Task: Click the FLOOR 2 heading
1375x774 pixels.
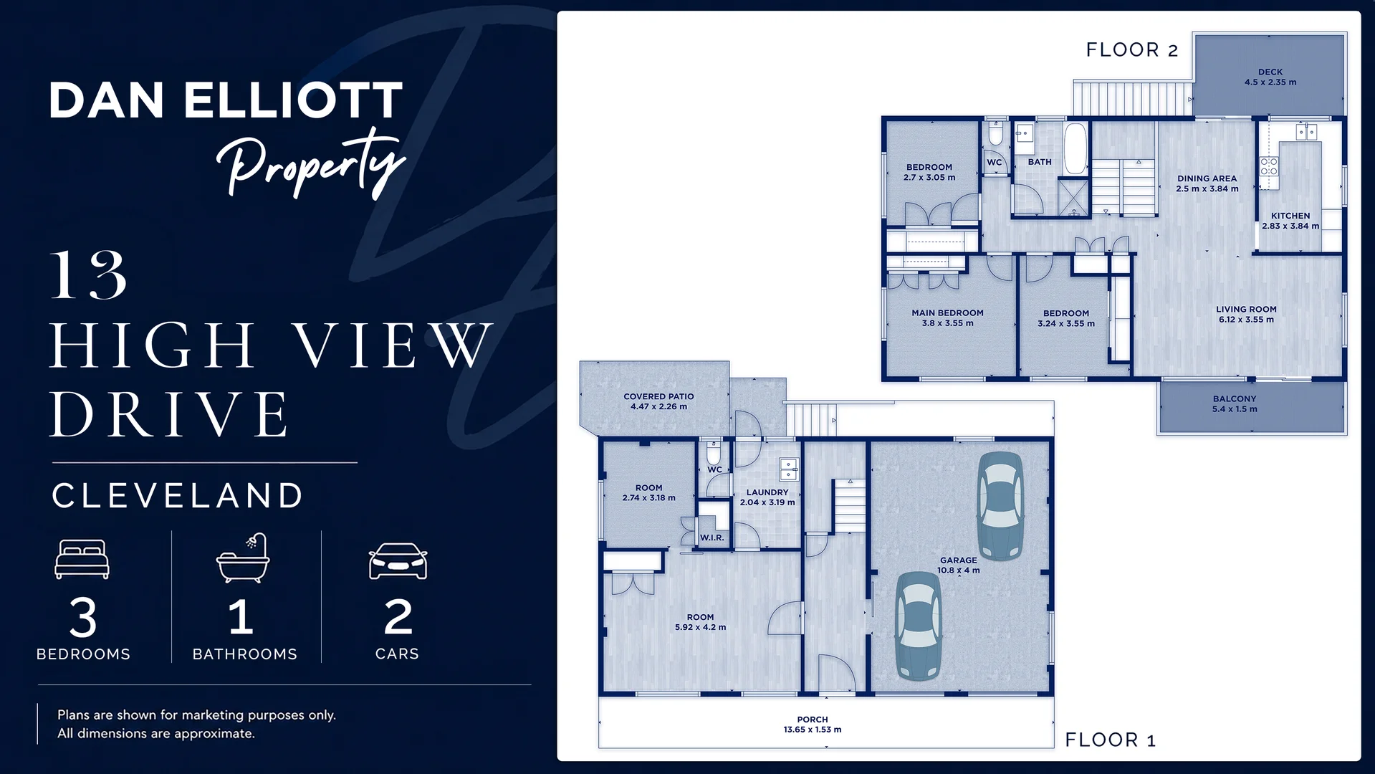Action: pos(1131,50)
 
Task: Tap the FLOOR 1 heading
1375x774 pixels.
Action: pos(1110,740)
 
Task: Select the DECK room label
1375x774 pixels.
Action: pos(1270,72)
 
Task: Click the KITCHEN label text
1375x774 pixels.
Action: pos(1290,216)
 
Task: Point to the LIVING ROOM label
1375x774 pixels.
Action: pos(1246,310)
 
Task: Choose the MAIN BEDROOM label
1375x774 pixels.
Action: pos(947,313)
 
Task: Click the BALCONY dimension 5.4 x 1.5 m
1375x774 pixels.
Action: pos(1235,409)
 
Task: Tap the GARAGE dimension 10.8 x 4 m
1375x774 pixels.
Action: pos(958,570)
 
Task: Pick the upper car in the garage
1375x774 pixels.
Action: pos(1001,505)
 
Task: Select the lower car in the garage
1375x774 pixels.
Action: pos(919,626)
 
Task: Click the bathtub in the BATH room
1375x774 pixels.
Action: pos(1075,149)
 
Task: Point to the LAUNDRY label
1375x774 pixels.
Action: pos(767,492)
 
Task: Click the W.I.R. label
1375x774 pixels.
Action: pos(712,537)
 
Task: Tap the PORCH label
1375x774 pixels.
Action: pos(813,720)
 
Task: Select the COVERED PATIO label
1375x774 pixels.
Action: pos(658,396)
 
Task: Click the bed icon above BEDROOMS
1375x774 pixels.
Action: pos(82,559)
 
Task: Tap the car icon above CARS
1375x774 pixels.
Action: pos(398,561)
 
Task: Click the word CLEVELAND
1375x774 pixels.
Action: pos(178,496)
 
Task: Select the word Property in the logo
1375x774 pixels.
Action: pos(311,163)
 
